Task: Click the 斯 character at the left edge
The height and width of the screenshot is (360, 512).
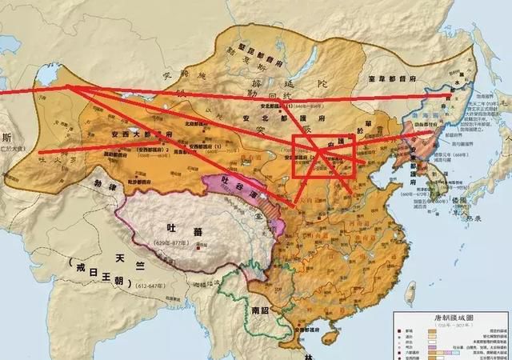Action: coord(6,137)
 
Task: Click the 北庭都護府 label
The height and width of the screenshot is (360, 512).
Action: coord(198,123)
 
